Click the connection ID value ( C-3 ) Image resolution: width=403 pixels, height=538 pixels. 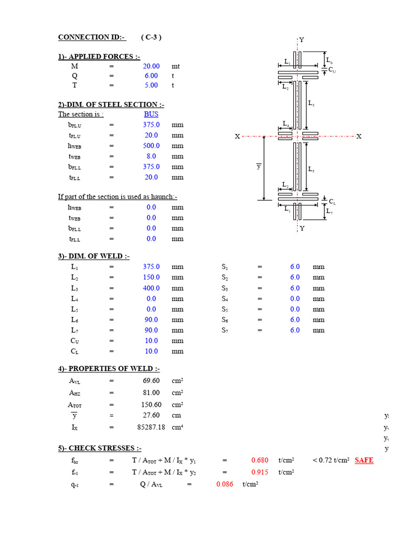(x=151, y=37)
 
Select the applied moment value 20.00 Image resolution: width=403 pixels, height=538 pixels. (x=151, y=67)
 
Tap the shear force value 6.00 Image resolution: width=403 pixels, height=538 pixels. (x=151, y=76)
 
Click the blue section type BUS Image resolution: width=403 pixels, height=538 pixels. (x=151, y=114)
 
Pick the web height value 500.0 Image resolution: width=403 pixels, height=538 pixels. (x=151, y=146)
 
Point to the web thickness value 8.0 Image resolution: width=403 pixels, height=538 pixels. (x=151, y=156)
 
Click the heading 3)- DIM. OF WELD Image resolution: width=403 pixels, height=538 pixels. (x=93, y=256)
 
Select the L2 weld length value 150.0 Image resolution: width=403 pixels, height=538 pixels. (x=151, y=277)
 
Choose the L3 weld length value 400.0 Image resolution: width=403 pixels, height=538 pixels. (x=151, y=288)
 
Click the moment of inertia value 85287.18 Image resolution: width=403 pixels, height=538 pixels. (x=151, y=427)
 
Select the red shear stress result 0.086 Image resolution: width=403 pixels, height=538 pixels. (x=225, y=484)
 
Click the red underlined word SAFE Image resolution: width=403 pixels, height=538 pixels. (x=364, y=460)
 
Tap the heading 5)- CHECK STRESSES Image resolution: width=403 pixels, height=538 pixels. (x=99, y=448)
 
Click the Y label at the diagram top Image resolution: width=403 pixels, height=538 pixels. (x=302, y=40)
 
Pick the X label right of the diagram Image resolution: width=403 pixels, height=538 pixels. (x=359, y=137)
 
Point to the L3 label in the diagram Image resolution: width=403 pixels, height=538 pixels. (x=311, y=104)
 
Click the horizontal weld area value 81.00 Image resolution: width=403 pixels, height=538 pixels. (x=151, y=392)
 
